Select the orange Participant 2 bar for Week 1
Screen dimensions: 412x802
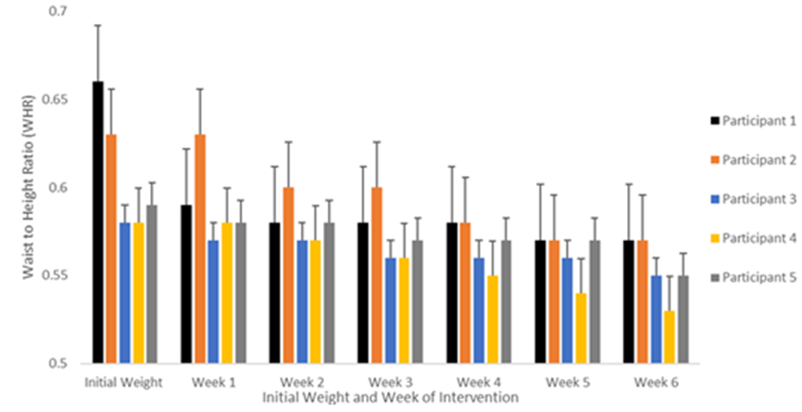click(200, 249)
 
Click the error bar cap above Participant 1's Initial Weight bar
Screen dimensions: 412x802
click(98, 25)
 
